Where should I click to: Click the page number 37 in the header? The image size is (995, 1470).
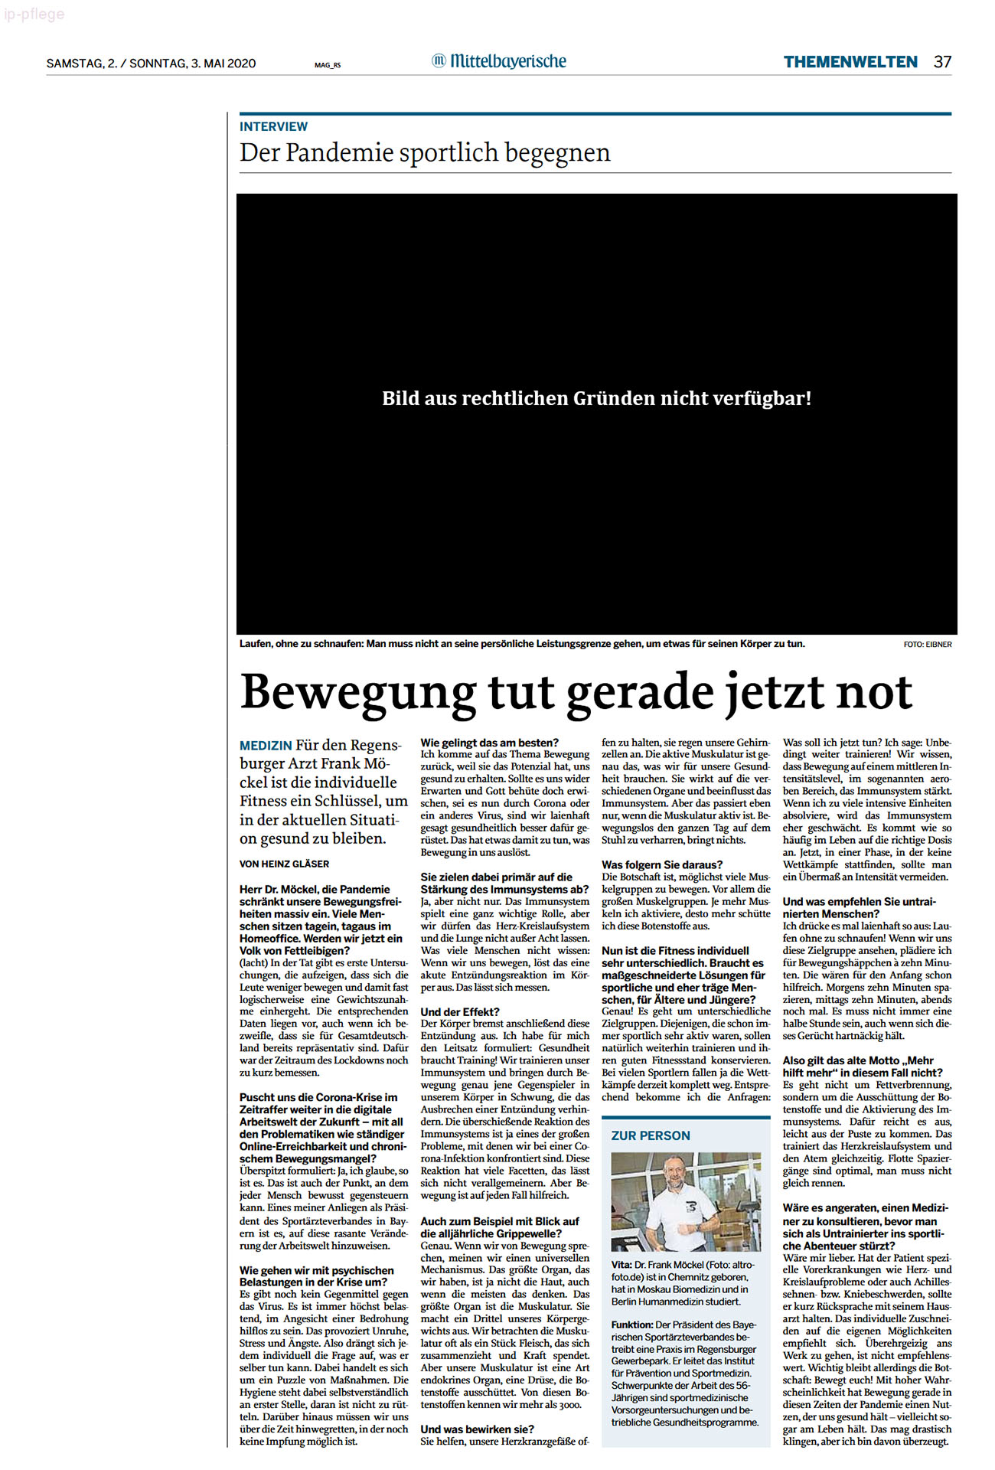click(942, 62)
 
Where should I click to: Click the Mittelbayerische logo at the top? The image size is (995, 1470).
click(499, 61)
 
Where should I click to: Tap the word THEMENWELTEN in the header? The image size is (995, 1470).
click(850, 62)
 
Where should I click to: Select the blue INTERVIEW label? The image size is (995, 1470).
click(273, 126)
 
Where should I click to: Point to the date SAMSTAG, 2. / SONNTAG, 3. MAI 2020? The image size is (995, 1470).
click(151, 64)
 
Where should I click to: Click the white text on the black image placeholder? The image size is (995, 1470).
click(596, 398)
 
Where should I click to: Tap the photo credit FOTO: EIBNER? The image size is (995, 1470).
click(927, 645)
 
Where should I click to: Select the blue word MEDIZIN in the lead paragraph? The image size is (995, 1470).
click(266, 746)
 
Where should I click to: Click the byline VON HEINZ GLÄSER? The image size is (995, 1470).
click(284, 864)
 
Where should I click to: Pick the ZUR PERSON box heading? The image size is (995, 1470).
click(651, 1135)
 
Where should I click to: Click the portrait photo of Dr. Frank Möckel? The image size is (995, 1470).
click(686, 1201)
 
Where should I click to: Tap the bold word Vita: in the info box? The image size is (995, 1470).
click(621, 1265)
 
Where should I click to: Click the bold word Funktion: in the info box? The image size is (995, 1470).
click(632, 1325)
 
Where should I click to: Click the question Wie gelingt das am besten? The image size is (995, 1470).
click(489, 742)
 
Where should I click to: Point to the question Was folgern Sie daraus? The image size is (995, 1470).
click(661, 864)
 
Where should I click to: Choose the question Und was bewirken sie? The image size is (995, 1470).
click(477, 1429)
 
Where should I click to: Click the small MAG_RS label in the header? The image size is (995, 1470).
click(328, 65)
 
